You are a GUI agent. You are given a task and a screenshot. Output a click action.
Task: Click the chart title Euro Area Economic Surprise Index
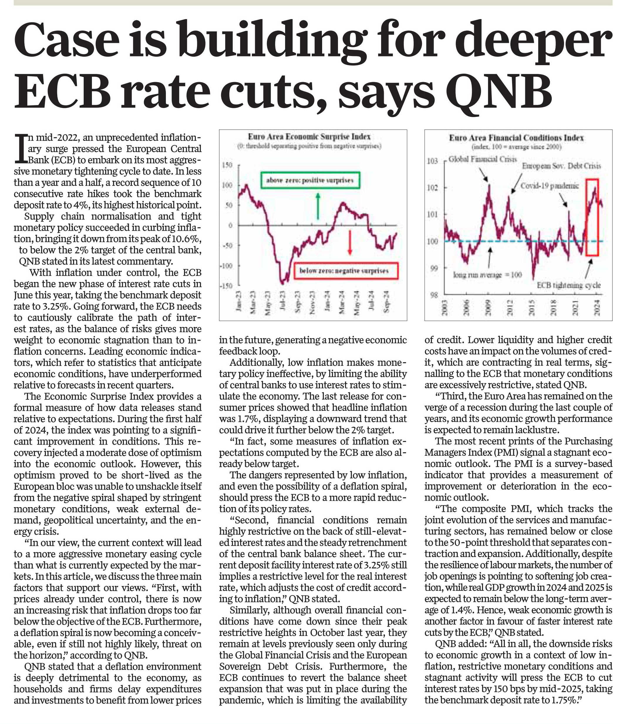pyautogui.click(x=309, y=137)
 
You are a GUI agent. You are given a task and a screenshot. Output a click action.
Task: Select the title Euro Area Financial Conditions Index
pyautogui.click(x=516, y=138)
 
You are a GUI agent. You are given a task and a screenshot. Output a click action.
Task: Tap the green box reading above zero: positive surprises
pyautogui.click(x=310, y=180)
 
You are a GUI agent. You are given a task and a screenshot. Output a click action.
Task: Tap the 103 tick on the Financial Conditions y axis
pyautogui.click(x=432, y=161)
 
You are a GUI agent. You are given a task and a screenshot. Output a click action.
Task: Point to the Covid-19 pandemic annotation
pyautogui.click(x=550, y=185)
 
